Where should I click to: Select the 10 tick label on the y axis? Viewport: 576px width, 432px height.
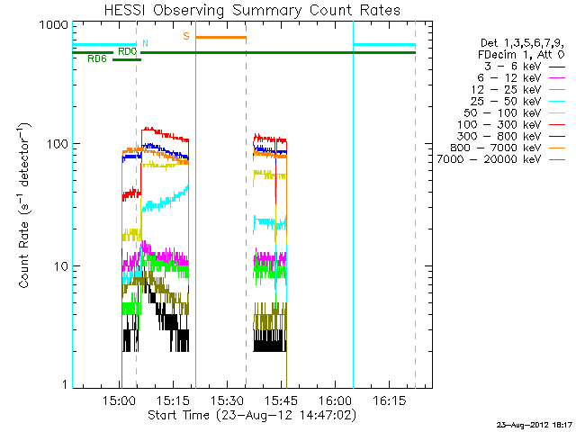pyautogui.click(x=58, y=267)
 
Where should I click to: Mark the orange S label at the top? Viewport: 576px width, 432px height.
pyautogui.click(x=186, y=36)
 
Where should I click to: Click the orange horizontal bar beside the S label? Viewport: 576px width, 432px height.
pyautogui.click(x=220, y=37)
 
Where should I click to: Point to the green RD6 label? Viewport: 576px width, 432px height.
pyautogui.click(x=97, y=59)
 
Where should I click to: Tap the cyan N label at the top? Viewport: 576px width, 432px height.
pyautogui.click(x=145, y=43)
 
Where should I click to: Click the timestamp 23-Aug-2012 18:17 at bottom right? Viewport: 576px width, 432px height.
pyautogui.click(x=535, y=425)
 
